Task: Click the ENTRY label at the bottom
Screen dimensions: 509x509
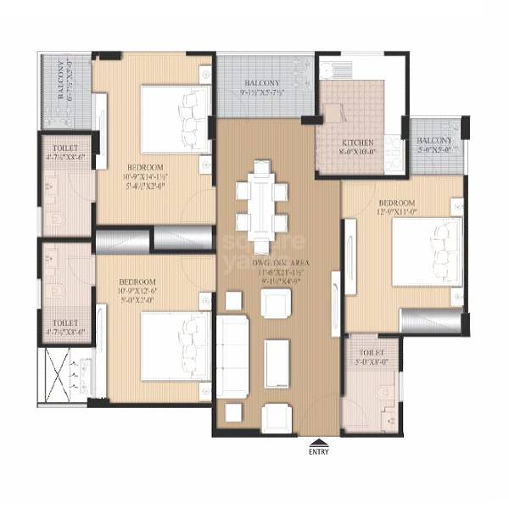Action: (318, 451)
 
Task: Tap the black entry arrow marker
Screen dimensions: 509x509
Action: (318, 441)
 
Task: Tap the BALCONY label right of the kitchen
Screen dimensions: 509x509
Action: (434, 141)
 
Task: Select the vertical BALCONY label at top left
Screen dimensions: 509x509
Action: (63, 81)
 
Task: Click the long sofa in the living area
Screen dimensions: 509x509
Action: (233, 348)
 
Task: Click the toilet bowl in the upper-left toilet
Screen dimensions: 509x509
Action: (58, 219)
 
